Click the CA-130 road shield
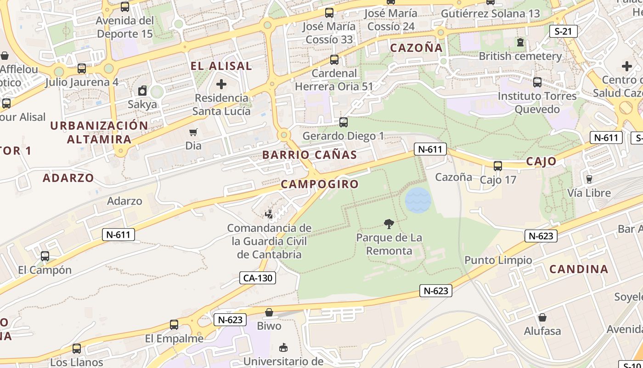[257, 278]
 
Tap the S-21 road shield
[563, 31]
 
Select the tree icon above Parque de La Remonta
[389, 224]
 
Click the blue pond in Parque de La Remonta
[418, 200]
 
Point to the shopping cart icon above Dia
[193, 132]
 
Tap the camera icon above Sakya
[142, 91]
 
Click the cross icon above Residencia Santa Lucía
[221, 84]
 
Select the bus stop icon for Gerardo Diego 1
[343, 122]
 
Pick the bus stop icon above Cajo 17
[497, 166]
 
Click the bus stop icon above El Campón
[45, 256]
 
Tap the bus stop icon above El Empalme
[174, 325]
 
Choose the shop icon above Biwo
[269, 312]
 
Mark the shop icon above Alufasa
[542, 317]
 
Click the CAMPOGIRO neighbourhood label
[320, 184]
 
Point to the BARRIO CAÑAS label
[310, 155]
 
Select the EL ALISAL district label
[221, 66]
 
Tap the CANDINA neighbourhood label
[579, 269]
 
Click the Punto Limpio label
[498, 260]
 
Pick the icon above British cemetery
[520, 43]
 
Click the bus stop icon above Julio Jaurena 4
[82, 69]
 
